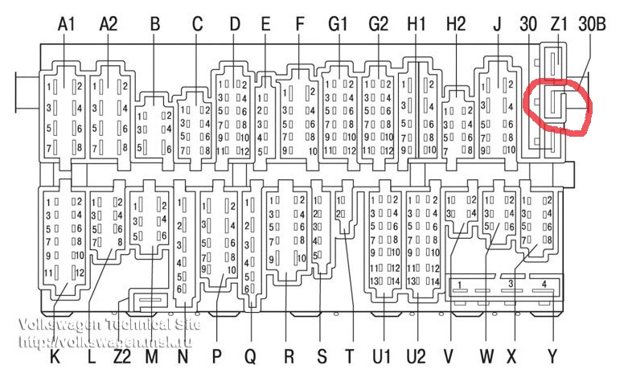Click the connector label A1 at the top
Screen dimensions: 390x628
click(67, 24)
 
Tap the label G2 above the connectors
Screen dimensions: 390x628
click(378, 24)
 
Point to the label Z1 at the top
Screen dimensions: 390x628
click(560, 24)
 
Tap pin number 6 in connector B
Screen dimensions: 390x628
click(166, 148)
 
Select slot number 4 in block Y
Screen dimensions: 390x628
click(544, 285)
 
